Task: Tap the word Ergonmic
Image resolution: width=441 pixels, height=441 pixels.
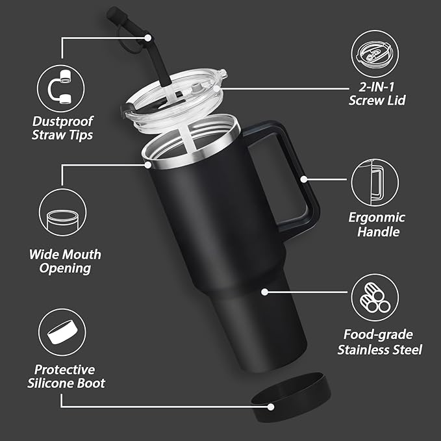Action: [x=377, y=217]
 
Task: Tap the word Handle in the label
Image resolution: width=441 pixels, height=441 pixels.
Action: [x=377, y=231]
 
